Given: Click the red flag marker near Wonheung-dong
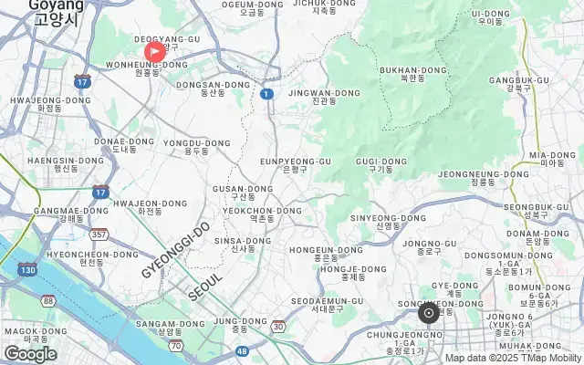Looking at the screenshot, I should pos(155,52).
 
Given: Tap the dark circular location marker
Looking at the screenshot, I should pos(429,313).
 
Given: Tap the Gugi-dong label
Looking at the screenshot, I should pos(381,165).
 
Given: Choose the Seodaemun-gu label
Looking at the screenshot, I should pos(326,305).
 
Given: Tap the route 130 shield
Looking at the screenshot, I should pos(28,270).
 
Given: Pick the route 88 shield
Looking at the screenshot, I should pos(48,301).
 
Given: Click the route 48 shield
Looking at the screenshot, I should pos(242,350).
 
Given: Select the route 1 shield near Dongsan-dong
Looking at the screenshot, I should pos(266,93).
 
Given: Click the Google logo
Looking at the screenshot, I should pos(30,354).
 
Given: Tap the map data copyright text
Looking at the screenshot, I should pos(513,358).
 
